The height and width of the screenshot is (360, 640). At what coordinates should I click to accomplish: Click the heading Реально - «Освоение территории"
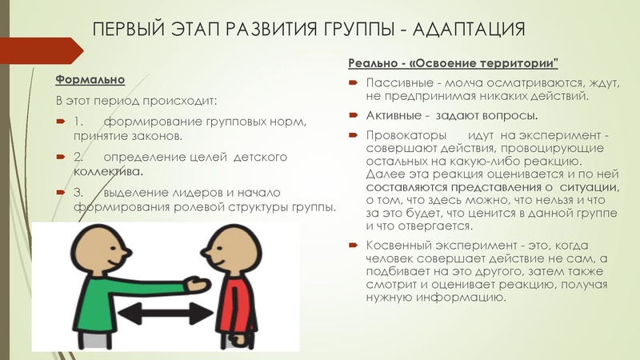point(453,63)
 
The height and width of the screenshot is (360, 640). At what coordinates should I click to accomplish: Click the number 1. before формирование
point(78,122)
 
